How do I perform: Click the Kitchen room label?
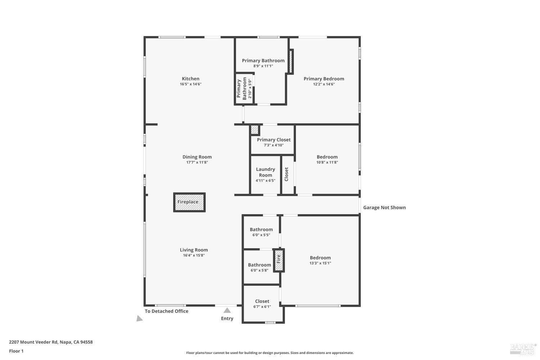(x=190, y=79)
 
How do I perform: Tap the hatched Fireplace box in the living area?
(x=189, y=202)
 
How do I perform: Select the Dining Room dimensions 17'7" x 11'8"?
(x=197, y=162)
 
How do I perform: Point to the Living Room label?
(x=194, y=250)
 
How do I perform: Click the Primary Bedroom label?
(x=324, y=79)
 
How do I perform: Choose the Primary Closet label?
(x=274, y=140)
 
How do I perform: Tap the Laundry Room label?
(x=265, y=172)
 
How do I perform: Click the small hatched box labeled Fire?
(x=279, y=260)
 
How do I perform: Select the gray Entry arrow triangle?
(x=227, y=310)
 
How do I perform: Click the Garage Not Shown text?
(x=384, y=207)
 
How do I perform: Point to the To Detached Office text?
(x=166, y=311)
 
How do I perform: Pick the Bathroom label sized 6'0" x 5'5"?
(x=261, y=229)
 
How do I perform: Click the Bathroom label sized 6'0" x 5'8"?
(x=259, y=265)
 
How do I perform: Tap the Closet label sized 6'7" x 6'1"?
(x=262, y=301)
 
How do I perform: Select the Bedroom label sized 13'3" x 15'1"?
(x=320, y=258)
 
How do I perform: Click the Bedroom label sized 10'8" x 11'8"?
(x=327, y=157)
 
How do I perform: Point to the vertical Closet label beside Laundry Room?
(x=287, y=174)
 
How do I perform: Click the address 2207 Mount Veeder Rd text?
(x=51, y=342)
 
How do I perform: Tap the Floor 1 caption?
(x=16, y=351)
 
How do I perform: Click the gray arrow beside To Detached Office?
(x=139, y=319)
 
